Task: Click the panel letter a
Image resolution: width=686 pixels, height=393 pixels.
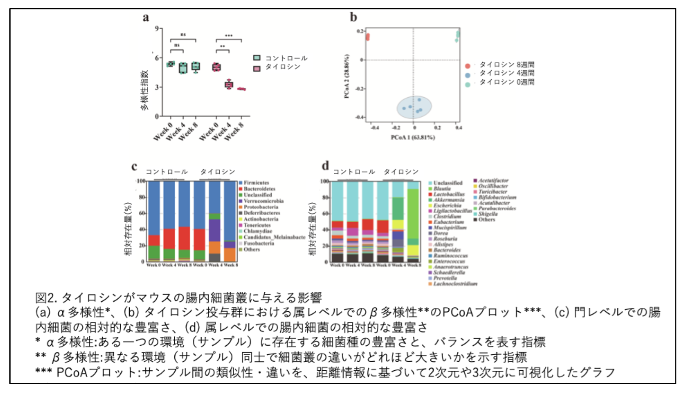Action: click(146, 18)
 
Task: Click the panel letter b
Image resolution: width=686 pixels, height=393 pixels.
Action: click(353, 17)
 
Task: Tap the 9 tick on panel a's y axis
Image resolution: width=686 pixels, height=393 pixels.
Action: click(157, 29)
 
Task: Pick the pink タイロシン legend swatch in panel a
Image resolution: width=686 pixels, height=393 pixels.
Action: click(256, 68)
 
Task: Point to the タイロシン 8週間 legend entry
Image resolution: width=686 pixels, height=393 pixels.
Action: click(507, 65)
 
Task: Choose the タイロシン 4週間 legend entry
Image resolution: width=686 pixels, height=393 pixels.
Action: click(507, 73)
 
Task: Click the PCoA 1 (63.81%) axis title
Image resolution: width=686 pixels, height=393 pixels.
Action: click(413, 138)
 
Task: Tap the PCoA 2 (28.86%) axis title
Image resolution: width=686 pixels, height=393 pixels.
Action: click(347, 77)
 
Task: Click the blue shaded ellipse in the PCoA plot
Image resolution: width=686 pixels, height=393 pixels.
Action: click(414, 107)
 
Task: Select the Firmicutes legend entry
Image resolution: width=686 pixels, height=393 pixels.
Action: click(256, 183)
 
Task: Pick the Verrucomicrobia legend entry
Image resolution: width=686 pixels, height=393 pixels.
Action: click(263, 201)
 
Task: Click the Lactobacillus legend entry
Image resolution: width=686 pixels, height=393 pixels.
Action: click(449, 194)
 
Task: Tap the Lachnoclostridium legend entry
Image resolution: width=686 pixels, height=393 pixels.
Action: click(455, 284)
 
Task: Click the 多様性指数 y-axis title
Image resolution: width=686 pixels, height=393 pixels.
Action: click(145, 90)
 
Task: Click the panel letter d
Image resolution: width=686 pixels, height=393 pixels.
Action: click(325, 166)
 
